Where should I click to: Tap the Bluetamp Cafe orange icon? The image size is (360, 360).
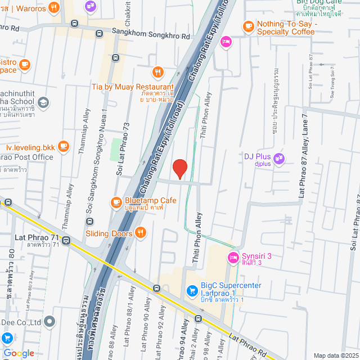(x=116, y=201)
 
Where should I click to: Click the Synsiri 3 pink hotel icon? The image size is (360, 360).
(x=232, y=257)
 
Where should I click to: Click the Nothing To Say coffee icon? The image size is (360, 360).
(x=248, y=26)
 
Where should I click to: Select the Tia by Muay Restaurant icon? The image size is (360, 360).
(x=157, y=72)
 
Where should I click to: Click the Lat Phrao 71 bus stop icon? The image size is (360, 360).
(x=67, y=241)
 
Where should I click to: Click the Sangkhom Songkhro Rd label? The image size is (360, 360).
(x=150, y=35)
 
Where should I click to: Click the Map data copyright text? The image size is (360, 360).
(x=335, y=355)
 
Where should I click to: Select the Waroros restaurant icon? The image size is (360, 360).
(x=54, y=8)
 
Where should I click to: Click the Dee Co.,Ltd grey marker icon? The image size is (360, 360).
(x=50, y=322)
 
